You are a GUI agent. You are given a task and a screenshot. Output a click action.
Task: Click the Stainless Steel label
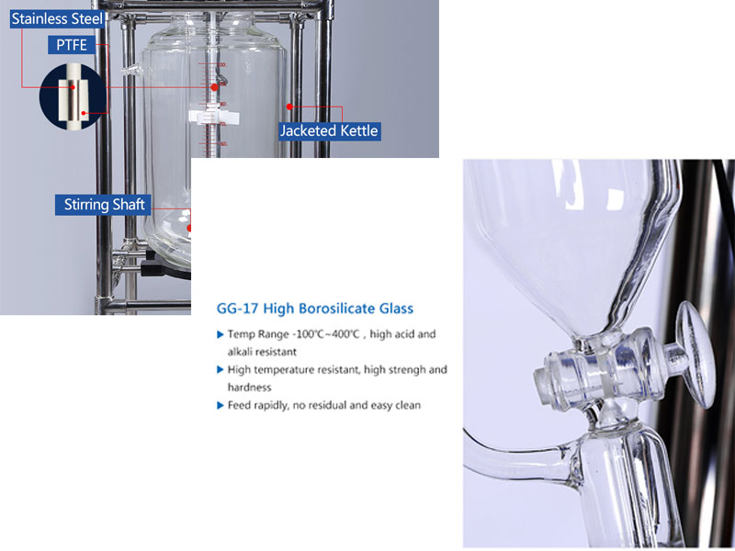[x=57, y=18]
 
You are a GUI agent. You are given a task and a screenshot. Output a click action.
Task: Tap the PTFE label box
[x=72, y=45]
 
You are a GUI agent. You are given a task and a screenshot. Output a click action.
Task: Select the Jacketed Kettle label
[x=329, y=130]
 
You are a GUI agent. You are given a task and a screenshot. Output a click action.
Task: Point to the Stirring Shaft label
[x=104, y=205]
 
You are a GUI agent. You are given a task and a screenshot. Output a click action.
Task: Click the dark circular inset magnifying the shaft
[x=73, y=97]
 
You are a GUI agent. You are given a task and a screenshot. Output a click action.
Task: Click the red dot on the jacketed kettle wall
[x=289, y=107]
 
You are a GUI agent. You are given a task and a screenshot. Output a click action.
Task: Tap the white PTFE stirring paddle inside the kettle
[x=214, y=118]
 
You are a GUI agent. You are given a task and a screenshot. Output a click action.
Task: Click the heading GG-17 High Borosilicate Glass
[x=315, y=309]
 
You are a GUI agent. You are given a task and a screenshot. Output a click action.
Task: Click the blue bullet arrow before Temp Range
[x=220, y=334]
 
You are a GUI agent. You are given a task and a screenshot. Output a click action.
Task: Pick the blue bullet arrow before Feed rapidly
[x=220, y=405]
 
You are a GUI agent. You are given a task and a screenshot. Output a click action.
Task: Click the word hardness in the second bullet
[x=249, y=388]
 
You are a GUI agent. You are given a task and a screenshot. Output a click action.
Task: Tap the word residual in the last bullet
[x=320, y=405]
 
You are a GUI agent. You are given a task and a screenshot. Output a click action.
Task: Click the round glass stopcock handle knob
[x=696, y=354]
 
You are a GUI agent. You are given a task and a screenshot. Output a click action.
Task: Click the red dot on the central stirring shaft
[x=214, y=87]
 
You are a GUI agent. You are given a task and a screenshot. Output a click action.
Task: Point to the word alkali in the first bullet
[x=240, y=352]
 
